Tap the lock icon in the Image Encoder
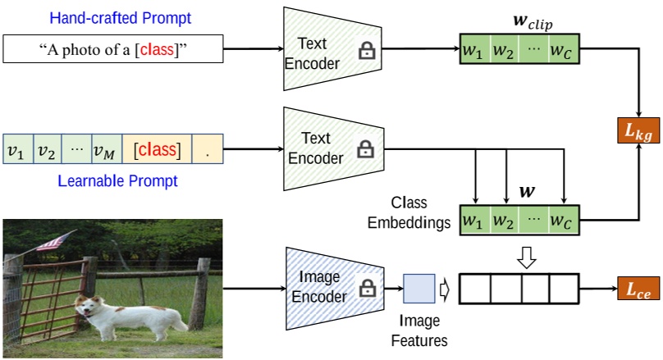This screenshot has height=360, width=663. [x=365, y=288]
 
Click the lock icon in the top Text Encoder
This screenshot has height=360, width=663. [x=365, y=51]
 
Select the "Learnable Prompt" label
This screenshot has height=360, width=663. [x=112, y=180]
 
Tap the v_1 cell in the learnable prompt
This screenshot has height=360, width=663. [x=16, y=150]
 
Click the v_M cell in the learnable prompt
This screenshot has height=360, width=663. [x=106, y=150]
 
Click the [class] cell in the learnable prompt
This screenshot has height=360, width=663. [x=157, y=150]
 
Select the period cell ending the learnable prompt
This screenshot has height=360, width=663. [x=207, y=150]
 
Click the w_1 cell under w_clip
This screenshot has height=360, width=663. [x=473, y=51]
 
